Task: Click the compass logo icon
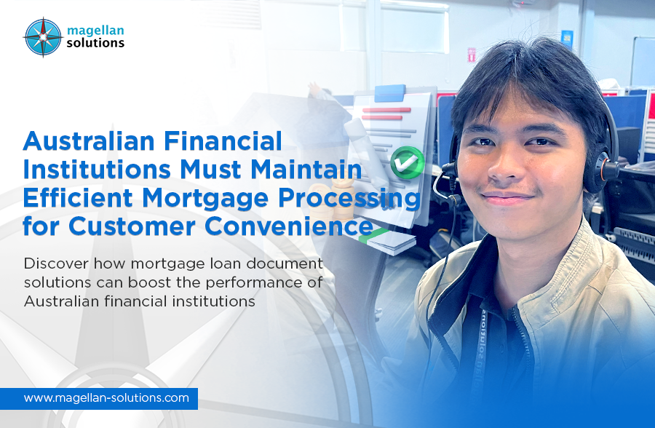point(43,37)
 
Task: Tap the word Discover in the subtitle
point(53,263)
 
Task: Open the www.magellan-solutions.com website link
point(106,398)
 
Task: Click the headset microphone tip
point(445,170)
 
